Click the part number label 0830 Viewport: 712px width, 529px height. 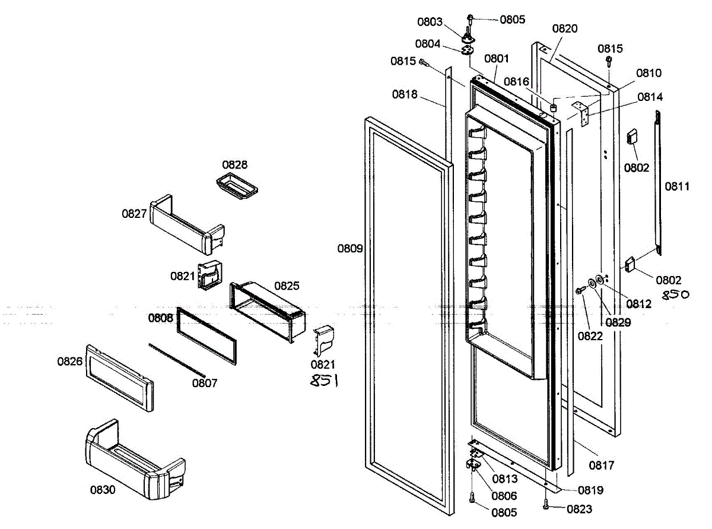pyautogui.click(x=103, y=490)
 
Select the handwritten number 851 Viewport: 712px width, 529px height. pyautogui.click(x=325, y=381)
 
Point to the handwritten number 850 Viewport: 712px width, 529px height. pyautogui.click(x=676, y=294)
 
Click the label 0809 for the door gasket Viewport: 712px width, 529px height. pyautogui.click(x=350, y=248)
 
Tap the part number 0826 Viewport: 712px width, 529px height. pyautogui.click(x=70, y=360)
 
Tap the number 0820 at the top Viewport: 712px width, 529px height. pyautogui.click(x=565, y=28)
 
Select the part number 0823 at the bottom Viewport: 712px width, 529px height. pyautogui.click(x=579, y=509)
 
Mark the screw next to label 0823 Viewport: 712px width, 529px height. pyautogui.click(x=546, y=505)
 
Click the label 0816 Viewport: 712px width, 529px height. pyautogui.click(x=517, y=81)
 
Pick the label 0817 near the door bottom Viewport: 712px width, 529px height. pyautogui.click(x=602, y=465)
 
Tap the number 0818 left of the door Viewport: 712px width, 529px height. pyautogui.click(x=405, y=94)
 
